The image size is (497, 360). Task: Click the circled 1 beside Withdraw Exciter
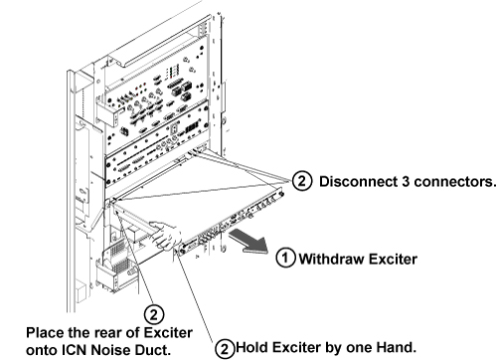coord(286,258)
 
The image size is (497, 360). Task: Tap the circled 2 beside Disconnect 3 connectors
coord(302,181)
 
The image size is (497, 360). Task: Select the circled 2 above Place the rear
coord(154,314)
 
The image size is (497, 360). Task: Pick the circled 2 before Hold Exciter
coord(225,348)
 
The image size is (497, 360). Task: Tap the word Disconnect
coord(359,182)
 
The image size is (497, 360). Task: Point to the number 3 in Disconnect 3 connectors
coord(407,182)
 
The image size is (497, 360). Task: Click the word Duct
coord(154,350)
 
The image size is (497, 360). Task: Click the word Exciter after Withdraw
coord(393,259)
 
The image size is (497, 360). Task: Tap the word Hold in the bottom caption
coord(251,347)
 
